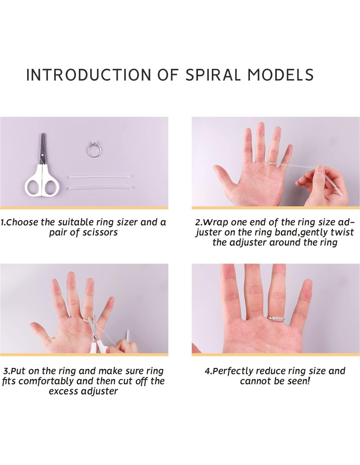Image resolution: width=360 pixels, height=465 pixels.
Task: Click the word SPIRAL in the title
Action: [x=213, y=75]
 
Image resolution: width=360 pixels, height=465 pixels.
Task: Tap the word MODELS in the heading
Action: [x=281, y=75]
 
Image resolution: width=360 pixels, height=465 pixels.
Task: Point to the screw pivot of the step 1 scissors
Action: [x=43, y=154]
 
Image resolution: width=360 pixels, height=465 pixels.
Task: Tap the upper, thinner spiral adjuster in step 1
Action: [x=100, y=177]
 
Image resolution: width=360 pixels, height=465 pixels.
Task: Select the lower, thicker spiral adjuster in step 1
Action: [x=101, y=188]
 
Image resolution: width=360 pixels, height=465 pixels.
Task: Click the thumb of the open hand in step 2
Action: [x=223, y=173]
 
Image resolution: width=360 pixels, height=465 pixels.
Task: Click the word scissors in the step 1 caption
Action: [x=100, y=232]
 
